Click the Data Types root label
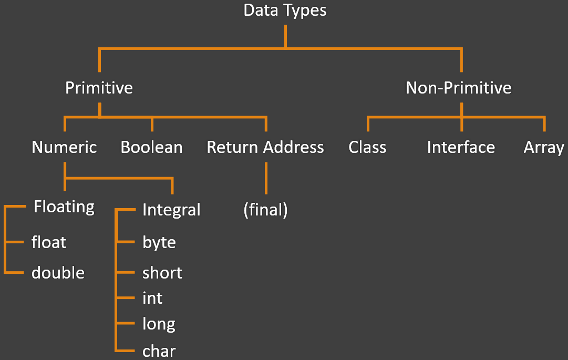[x=285, y=11]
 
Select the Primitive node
[x=99, y=87]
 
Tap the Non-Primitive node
[x=458, y=87]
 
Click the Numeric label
[x=64, y=147]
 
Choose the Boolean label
[x=151, y=147]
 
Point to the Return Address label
[x=265, y=147]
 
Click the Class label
[x=367, y=147]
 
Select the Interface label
[x=461, y=147]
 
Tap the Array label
[x=544, y=147]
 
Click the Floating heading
[x=64, y=207]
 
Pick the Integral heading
[x=171, y=210]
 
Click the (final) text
[x=265, y=210]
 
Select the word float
[x=49, y=242]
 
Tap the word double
[x=58, y=273]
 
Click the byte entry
[x=159, y=242]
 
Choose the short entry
[x=162, y=273]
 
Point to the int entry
[x=152, y=298]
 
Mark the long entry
[x=159, y=324]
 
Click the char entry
[x=159, y=351]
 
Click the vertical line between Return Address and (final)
[x=266, y=178]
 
